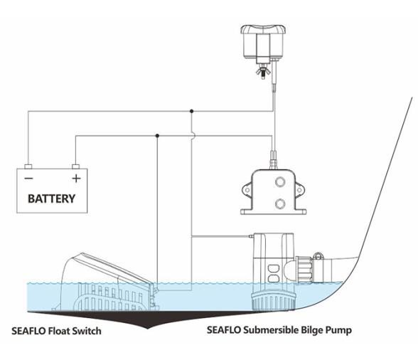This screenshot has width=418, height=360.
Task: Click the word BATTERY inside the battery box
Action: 50,198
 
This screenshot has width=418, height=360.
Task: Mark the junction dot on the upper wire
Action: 192,111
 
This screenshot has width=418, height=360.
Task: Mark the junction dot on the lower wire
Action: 157,135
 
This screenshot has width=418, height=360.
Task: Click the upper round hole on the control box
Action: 280,181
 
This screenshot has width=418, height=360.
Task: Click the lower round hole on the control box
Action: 280,203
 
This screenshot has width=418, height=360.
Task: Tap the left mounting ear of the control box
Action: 246,190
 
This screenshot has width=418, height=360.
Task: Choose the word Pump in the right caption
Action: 338,331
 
